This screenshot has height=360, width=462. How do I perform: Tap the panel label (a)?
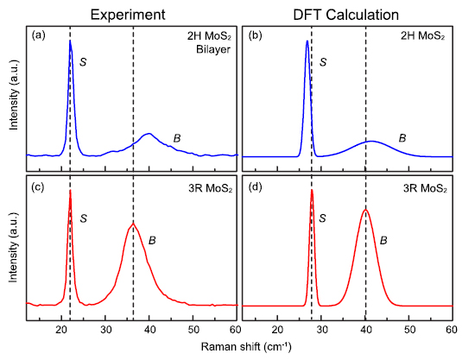39,37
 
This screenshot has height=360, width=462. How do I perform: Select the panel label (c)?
39,186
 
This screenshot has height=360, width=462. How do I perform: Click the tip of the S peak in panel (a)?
70,41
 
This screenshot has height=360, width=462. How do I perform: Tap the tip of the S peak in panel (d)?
311,190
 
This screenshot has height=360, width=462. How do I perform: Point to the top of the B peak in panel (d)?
365,210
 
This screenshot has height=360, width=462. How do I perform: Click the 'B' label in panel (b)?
402,137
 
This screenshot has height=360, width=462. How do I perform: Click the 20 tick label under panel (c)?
61,330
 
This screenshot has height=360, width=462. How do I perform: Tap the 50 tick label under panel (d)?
408,330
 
